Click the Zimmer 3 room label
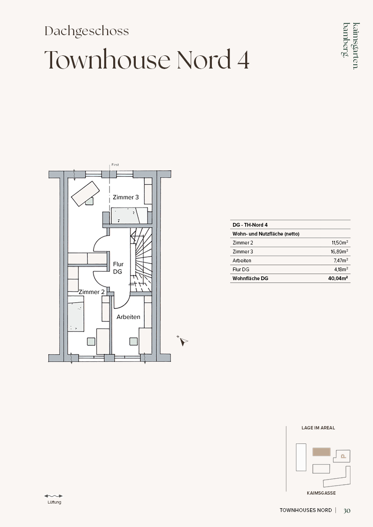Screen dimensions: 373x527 coord(126,197)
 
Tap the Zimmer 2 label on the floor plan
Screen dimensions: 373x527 coord(92,292)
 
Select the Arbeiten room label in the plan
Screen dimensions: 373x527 coord(128,317)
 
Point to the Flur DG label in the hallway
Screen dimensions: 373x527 coord(118,268)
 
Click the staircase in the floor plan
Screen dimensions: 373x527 coord(141,260)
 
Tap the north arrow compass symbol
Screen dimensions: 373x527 coord(183,341)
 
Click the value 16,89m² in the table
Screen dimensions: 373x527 coord(339,252)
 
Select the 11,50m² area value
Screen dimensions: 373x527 coord(340,242)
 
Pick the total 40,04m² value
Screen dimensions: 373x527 coord(338,278)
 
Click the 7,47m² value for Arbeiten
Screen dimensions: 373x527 coord(341,260)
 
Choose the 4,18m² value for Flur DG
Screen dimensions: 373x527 coord(341,269)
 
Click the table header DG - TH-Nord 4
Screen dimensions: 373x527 coord(250,225)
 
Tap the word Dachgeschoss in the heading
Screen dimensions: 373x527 coord(87,31)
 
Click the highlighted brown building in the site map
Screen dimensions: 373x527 coord(321,452)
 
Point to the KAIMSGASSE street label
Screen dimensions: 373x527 coord(321,493)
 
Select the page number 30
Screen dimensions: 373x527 coord(347,511)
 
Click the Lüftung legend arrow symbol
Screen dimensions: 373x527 coord(54,496)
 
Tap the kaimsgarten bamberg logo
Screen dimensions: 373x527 coord(351,46)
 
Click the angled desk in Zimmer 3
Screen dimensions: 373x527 coord(85,194)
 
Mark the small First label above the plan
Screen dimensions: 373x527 coord(115,165)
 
